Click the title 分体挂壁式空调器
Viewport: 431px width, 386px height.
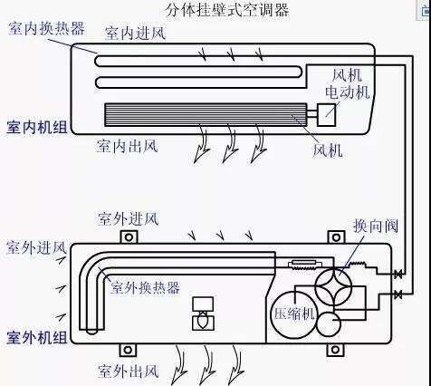227,10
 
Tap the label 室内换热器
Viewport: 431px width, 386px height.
47,29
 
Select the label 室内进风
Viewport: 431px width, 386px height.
135,33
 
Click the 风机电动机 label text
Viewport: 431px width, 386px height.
347,83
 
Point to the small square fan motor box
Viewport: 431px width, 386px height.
326,115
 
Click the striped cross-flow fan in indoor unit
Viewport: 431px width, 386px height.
206,115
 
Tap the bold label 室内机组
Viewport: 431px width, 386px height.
37,127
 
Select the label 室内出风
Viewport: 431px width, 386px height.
127,146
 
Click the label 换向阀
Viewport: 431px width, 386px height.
376,226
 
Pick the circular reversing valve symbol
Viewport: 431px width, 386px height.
333,286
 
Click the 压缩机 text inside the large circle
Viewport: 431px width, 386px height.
294,314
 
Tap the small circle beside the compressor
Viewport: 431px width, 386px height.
329,324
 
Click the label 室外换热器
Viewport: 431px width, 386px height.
145,287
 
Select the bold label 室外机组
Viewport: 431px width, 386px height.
37,337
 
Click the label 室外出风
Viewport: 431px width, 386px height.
129,371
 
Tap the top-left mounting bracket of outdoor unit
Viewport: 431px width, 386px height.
129,237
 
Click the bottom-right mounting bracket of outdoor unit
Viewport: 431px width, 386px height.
335,350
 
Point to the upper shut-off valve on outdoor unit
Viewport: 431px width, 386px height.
398,275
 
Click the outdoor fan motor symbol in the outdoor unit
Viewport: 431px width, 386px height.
203,314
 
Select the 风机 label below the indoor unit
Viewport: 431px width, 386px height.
328,150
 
